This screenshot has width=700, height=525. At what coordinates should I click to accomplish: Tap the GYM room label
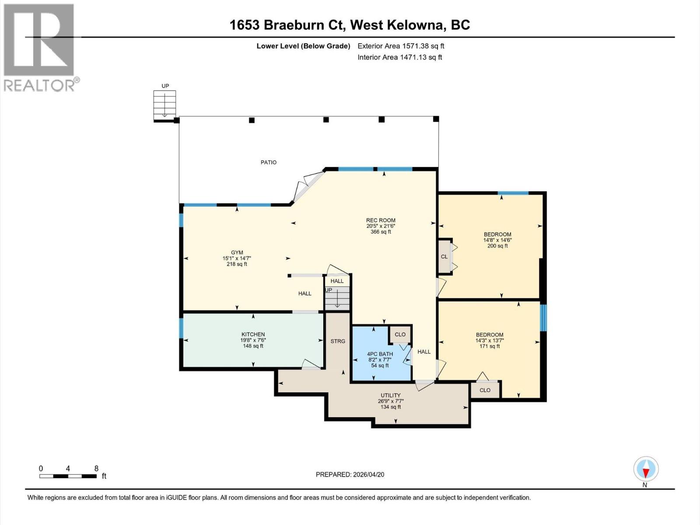237,252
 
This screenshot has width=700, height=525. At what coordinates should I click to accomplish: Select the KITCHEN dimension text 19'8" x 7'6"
253,340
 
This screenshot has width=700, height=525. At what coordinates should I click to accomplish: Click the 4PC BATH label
380,354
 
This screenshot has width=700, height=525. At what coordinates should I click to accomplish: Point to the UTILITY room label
390,395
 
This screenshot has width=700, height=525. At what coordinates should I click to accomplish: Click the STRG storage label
338,341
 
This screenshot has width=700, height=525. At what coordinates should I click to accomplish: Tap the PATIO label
269,162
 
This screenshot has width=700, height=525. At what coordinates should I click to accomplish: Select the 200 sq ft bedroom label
497,234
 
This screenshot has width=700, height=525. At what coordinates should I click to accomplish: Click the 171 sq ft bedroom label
489,335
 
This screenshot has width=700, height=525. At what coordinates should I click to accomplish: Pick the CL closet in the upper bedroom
444,257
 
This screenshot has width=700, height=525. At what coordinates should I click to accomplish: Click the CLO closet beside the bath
400,334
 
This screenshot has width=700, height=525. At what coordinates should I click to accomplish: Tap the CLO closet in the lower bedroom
485,390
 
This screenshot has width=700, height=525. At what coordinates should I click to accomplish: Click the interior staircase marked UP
337,297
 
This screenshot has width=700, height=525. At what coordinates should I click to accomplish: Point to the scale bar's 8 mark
96,469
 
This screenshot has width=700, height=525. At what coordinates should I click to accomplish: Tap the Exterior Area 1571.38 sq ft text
401,46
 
